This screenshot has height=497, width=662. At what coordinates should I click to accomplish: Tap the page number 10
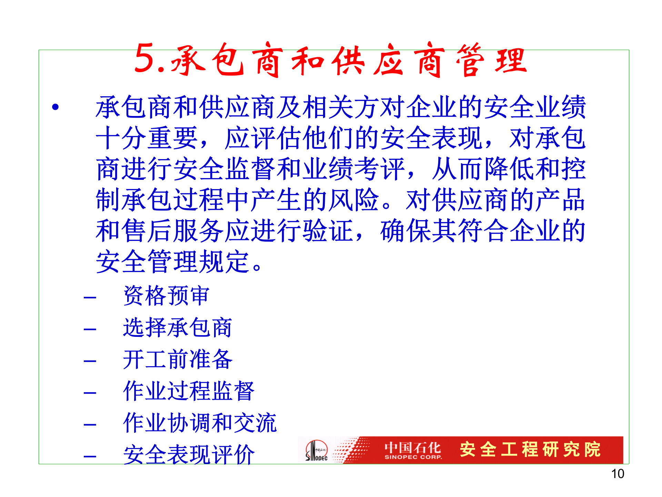coord(618,474)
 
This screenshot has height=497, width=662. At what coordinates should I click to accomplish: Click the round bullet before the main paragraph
coord(56,107)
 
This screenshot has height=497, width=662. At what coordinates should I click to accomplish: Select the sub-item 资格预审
coord(166,296)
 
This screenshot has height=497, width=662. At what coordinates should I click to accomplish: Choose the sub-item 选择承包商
coord(178,328)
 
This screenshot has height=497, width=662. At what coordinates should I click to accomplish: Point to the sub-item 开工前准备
coord(178,359)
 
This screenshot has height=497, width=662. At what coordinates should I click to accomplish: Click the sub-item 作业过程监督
coord(189,391)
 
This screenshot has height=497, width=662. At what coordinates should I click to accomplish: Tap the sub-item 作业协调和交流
coord(200,423)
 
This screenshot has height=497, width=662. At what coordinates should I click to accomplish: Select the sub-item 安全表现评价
coord(189,455)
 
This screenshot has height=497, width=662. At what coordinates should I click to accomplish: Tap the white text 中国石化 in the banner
coord(413,448)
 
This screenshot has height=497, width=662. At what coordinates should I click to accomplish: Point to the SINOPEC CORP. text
coord(413,457)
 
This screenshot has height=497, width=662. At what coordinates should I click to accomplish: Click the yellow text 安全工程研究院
coord(530,449)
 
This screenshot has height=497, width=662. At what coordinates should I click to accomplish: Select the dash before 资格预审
coord(90,298)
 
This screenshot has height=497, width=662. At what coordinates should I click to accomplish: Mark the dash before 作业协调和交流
coord(90,425)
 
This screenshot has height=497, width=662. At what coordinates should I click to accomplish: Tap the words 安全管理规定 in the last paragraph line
coord(172,262)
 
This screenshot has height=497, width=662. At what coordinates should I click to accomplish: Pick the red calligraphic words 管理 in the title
coord(491,60)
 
